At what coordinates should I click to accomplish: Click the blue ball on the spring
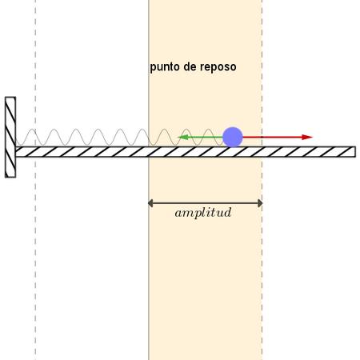pyautogui.click(x=233, y=137)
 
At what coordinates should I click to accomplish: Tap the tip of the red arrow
pyautogui.click(x=313, y=138)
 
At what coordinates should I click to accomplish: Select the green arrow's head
pyautogui.click(x=182, y=138)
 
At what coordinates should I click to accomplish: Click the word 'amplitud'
pyautogui.click(x=203, y=213)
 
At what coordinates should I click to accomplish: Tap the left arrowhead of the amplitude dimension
pyautogui.click(x=150, y=203)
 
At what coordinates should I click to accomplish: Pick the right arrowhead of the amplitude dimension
pyautogui.click(x=260, y=203)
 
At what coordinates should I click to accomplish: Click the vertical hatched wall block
pyautogui.click(x=10, y=137)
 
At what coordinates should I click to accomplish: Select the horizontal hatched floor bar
pyautogui.click(x=186, y=152)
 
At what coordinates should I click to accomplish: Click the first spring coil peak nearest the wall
pyautogui.click(x=32, y=130)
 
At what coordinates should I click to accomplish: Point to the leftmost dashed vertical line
pyautogui.click(x=35, y=180)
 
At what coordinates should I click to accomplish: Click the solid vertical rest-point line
pyautogui.click(x=149, y=180)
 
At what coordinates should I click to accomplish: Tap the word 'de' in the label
pyautogui.click(x=190, y=66)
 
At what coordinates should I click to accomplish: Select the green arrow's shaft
pyautogui.click(x=206, y=138)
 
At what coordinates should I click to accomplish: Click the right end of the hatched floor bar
pyautogui.click(x=355, y=152)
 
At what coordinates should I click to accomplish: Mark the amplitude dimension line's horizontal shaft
pyautogui.click(x=206, y=203)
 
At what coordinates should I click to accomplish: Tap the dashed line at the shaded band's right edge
pyautogui.click(x=262, y=180)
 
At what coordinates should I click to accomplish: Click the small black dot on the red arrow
pyautogui.click(x=262, y=138)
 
